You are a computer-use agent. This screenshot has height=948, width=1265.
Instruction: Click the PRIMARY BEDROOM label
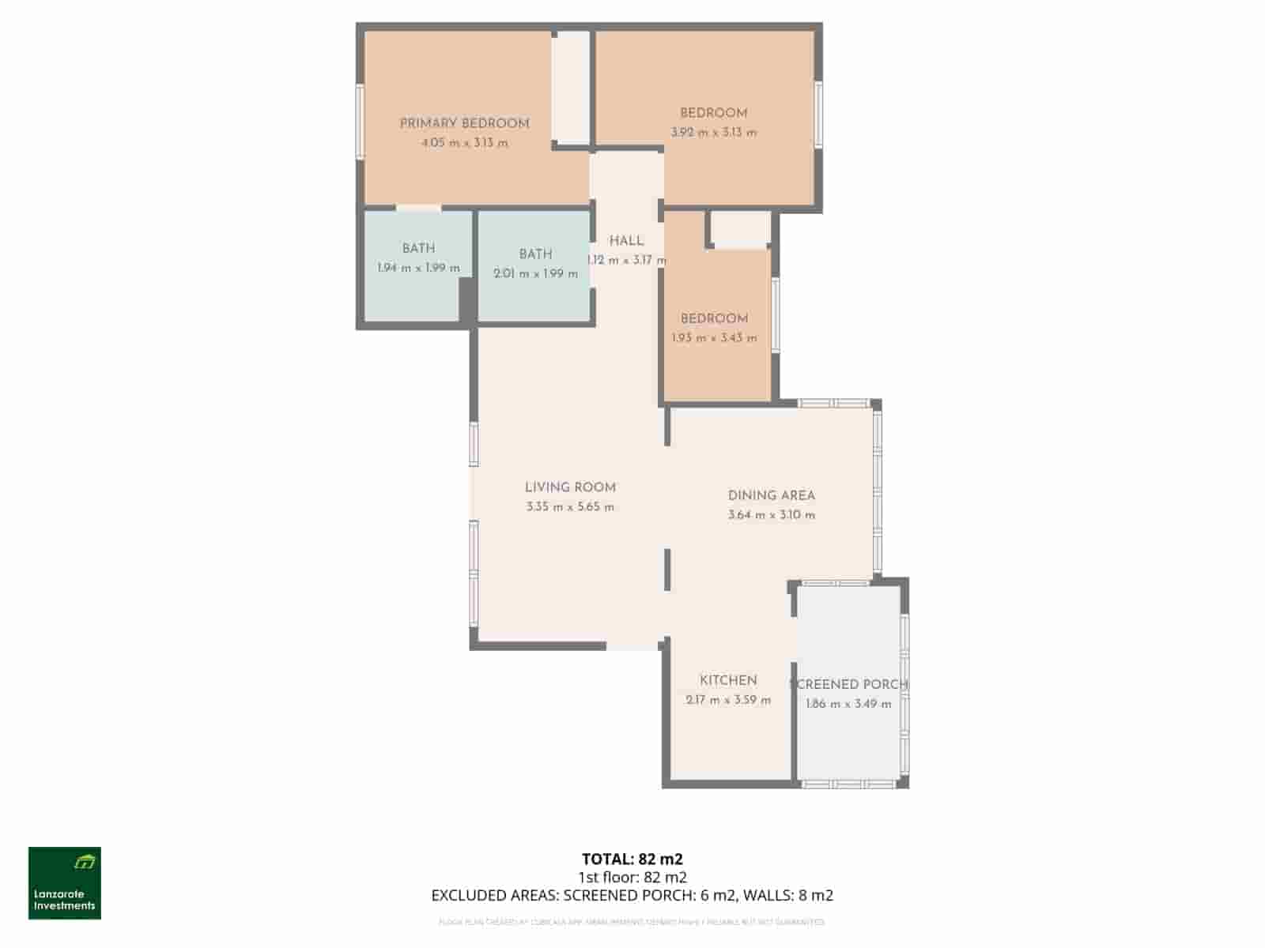click(464, 123)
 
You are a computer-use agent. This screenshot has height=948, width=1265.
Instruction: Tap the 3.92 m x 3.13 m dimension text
click(713, 133)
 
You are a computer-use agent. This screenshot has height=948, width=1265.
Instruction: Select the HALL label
click(626, 241)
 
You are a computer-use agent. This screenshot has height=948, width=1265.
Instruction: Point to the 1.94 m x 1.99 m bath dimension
click(418, 268)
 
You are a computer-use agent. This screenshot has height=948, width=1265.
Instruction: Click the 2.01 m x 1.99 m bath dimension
click(535, 274)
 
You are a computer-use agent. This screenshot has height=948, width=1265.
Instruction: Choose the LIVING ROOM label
click(570, 487)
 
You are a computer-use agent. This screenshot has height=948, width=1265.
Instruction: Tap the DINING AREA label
click(771, 495)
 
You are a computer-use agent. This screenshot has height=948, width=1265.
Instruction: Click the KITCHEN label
click(728, 680)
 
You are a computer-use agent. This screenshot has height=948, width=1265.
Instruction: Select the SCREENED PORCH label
click(849, 684)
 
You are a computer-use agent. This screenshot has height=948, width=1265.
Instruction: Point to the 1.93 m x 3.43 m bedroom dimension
click(714, 338)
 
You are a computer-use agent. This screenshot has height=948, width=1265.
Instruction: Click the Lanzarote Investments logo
click(65, 883)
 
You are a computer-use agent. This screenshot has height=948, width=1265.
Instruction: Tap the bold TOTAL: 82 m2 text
click(632, 859)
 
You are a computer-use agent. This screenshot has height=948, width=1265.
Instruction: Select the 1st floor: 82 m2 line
click(632, 877)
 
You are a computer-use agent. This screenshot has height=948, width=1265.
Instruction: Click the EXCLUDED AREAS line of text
click(632, 895)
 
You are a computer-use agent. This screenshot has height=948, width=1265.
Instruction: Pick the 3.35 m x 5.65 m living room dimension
click(570, 507)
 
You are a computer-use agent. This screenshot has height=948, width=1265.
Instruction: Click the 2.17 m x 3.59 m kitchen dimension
click(728, 700)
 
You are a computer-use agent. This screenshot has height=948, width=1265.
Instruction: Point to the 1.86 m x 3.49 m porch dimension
click(848, 704)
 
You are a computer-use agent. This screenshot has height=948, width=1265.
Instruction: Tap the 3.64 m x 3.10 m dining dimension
click(771, 515)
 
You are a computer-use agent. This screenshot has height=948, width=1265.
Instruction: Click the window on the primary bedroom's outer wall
click(360, 122)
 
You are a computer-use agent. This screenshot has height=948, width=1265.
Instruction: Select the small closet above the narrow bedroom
click(740, 229)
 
